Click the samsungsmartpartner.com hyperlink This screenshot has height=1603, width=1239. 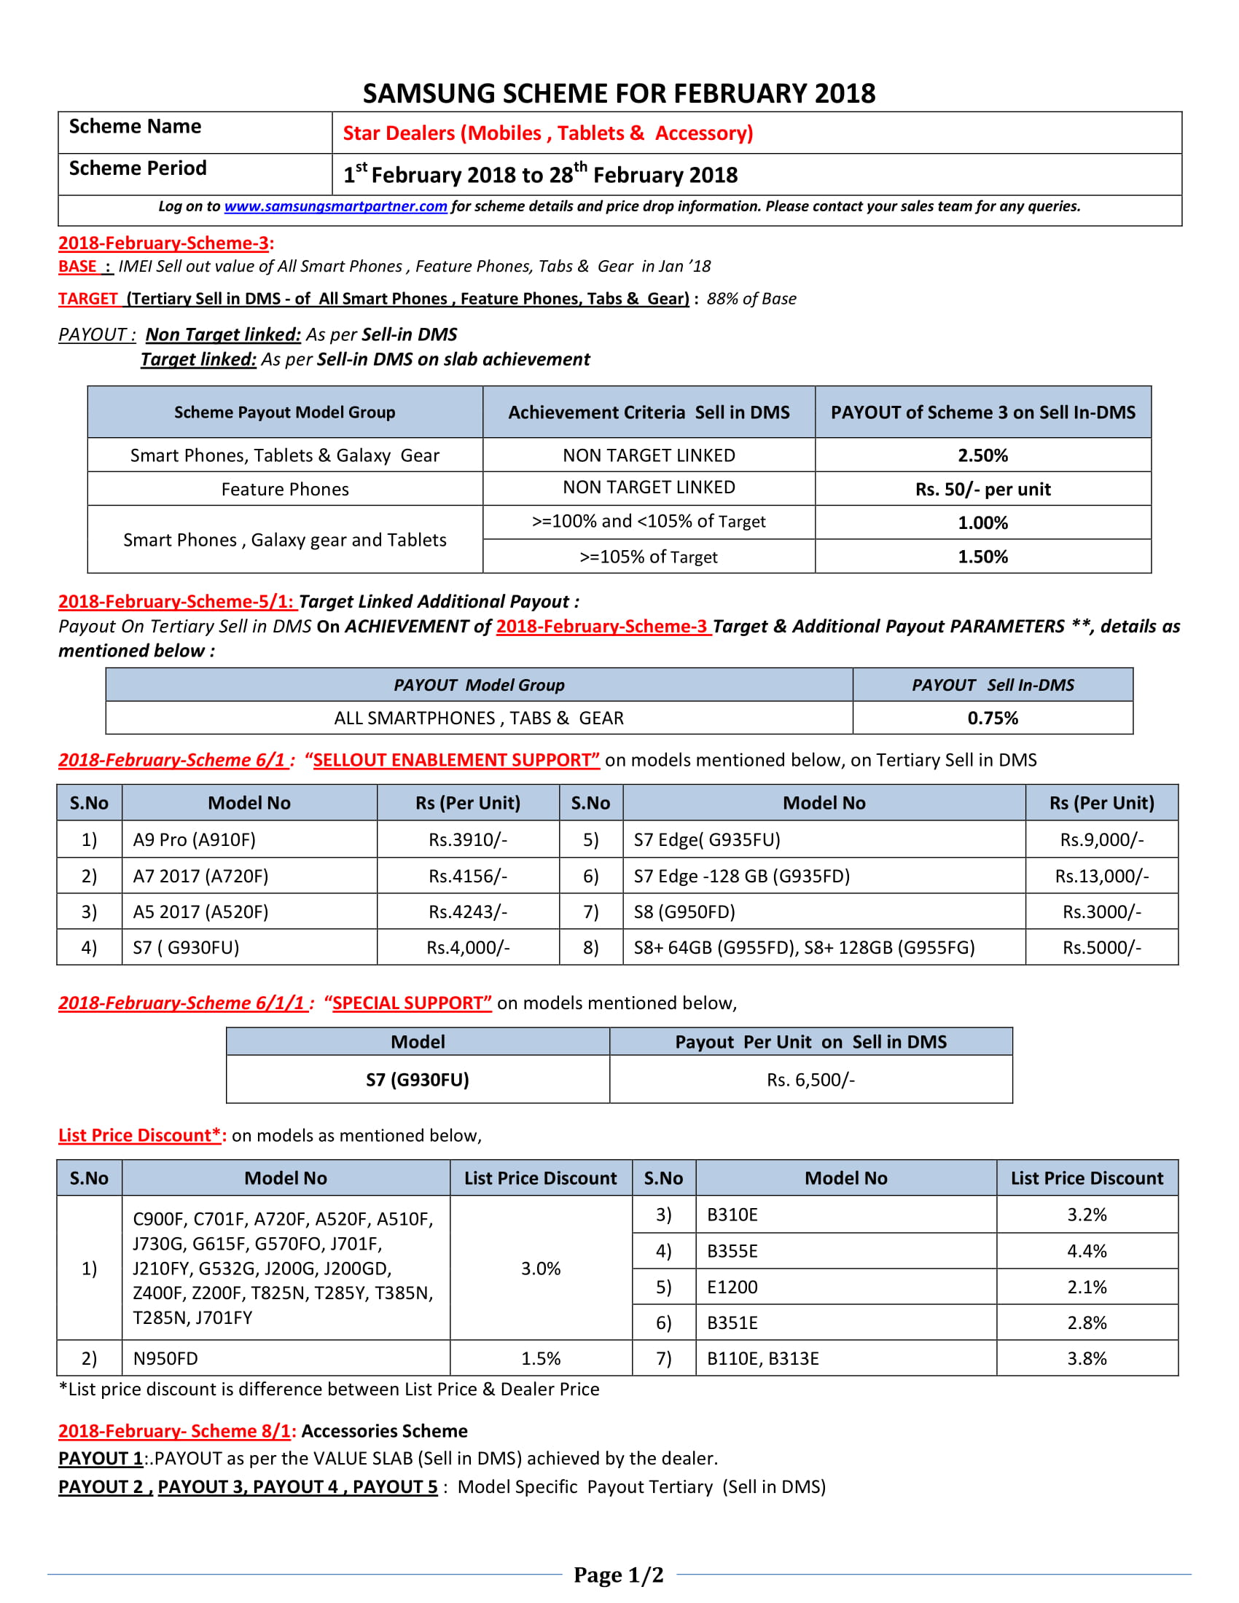[335, 206]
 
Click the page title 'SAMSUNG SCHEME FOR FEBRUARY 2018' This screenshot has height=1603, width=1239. [619, 93]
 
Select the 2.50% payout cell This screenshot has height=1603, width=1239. [982, 455]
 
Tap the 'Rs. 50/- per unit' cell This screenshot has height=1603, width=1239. [982, 489]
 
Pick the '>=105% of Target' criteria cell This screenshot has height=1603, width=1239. [648, 557]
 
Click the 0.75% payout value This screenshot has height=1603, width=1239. [993, 718]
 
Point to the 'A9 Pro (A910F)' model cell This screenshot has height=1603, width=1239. [195, 839]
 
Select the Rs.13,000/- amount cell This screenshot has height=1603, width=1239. [1101, 876]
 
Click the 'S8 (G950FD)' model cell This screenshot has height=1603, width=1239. [684, 912]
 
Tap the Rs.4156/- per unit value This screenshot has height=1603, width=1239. [468, 876]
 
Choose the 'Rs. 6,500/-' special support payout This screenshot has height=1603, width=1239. [810, 1080]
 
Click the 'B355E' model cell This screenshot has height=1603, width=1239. [732, 1250]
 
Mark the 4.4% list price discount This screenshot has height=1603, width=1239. [1087, 1250]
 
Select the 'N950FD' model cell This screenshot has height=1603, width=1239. [166, 1359]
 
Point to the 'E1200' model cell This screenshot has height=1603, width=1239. [732, 1287]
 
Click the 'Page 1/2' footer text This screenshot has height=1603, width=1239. [618, 1575]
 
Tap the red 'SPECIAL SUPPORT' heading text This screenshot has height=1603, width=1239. [412, 1003]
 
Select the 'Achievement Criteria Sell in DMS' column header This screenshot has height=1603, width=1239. [648, 412]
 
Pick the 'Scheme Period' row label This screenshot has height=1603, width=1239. [138, 168]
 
